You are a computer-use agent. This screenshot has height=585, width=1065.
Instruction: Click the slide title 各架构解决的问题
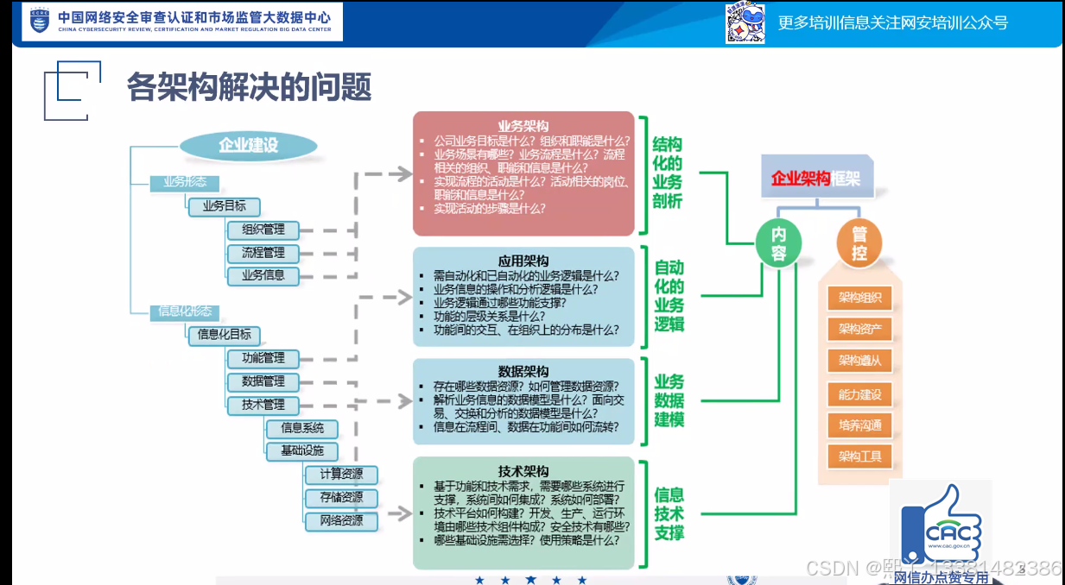[x=249, y=86]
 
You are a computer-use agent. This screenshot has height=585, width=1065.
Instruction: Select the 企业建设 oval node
[x=248, y=145]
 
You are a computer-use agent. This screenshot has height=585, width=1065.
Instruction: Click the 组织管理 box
[x=263, y=230]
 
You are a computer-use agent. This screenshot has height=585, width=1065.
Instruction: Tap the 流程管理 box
[x=263, y=253]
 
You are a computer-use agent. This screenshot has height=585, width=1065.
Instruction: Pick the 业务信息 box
[x=263, y=276]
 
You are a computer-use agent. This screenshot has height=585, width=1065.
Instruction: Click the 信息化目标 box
[x=225, y=335]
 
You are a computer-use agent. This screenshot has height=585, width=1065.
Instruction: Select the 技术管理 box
[x=263, y=405]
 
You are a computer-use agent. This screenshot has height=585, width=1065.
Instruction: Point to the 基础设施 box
[x=301, y=451]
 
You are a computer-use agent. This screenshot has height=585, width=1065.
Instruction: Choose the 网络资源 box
[x=341, y=521]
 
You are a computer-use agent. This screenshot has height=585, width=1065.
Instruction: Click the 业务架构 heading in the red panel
[x=523, y=126]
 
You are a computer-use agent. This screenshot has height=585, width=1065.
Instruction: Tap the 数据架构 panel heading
[x=523, y=371]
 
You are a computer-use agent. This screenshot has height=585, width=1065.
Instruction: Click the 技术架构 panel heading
[x=523, y=471]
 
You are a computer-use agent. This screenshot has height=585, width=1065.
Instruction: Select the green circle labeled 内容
[x=779, y=242]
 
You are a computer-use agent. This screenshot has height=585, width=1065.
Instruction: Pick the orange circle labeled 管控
[x=859, y=242]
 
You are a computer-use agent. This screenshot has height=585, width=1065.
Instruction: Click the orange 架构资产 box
[x=859, y=329]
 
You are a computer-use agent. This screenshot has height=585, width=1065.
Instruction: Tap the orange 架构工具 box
[x=859, y=456]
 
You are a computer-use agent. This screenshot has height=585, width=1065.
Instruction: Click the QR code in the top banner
[x=745, y=23]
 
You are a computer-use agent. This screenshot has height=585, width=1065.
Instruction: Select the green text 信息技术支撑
[x=669, y=513]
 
